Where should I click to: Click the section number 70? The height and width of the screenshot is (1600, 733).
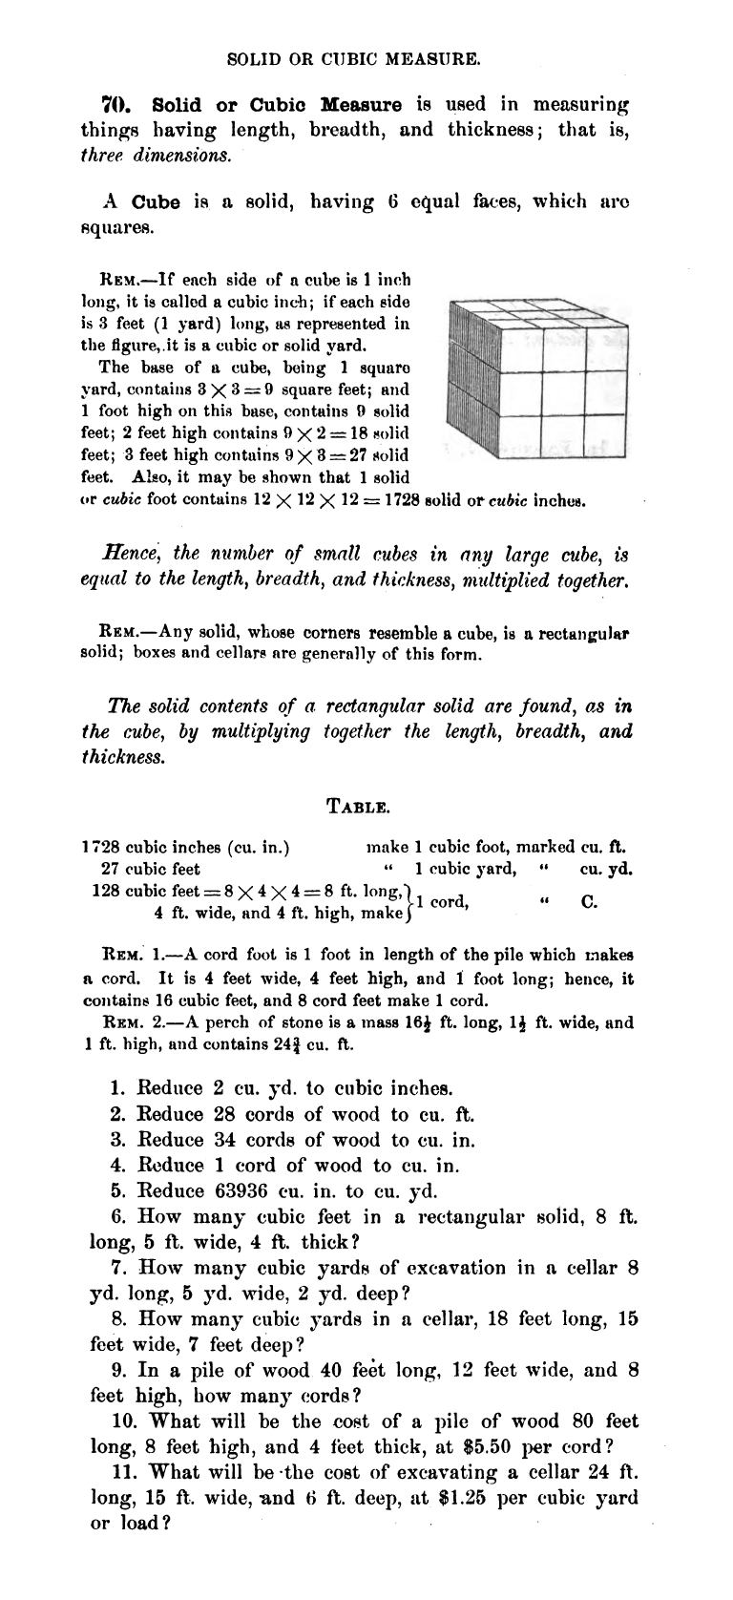(115, 103)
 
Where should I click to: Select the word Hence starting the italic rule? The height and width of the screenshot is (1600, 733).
(127, 554)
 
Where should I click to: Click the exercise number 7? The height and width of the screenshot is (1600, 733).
(119, 1269)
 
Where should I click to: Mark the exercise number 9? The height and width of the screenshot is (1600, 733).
(119, 1371)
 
